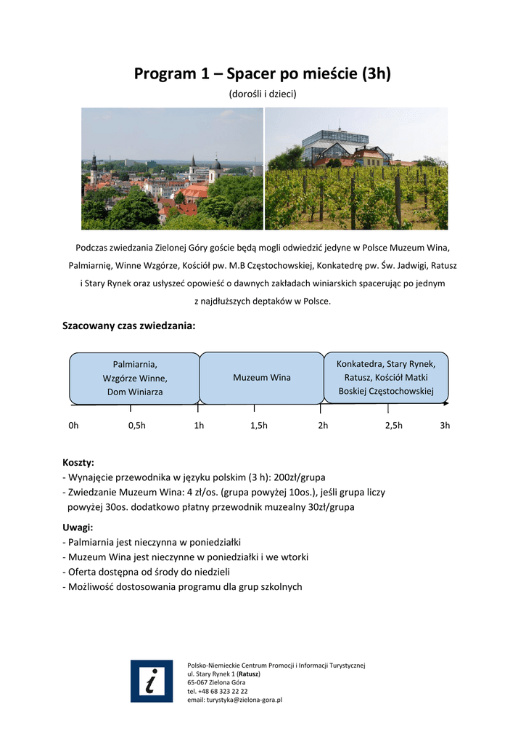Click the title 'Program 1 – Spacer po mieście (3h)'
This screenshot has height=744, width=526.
tap(263, 74)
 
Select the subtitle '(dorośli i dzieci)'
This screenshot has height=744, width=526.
tap(263, 94)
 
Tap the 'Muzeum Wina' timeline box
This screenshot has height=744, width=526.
tap(261, 378)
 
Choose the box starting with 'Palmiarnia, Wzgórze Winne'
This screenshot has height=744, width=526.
tap(134, 378)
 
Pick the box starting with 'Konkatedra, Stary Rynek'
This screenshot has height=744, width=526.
tap(385, 377)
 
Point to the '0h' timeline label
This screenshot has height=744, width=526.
tap(73, 426)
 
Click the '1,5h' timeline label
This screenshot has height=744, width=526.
tap(258, 426)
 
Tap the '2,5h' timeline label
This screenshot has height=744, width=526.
tap(393, 426)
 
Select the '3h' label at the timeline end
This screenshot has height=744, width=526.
tap(445, 426)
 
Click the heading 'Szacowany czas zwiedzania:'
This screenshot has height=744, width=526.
tap(129, 326)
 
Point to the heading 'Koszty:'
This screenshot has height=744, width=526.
tap(78, 463)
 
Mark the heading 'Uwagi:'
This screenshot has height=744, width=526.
tap(78, 527)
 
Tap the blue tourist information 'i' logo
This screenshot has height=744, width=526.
tap(152, 681)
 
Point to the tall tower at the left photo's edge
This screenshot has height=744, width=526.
tap(93, 169)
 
